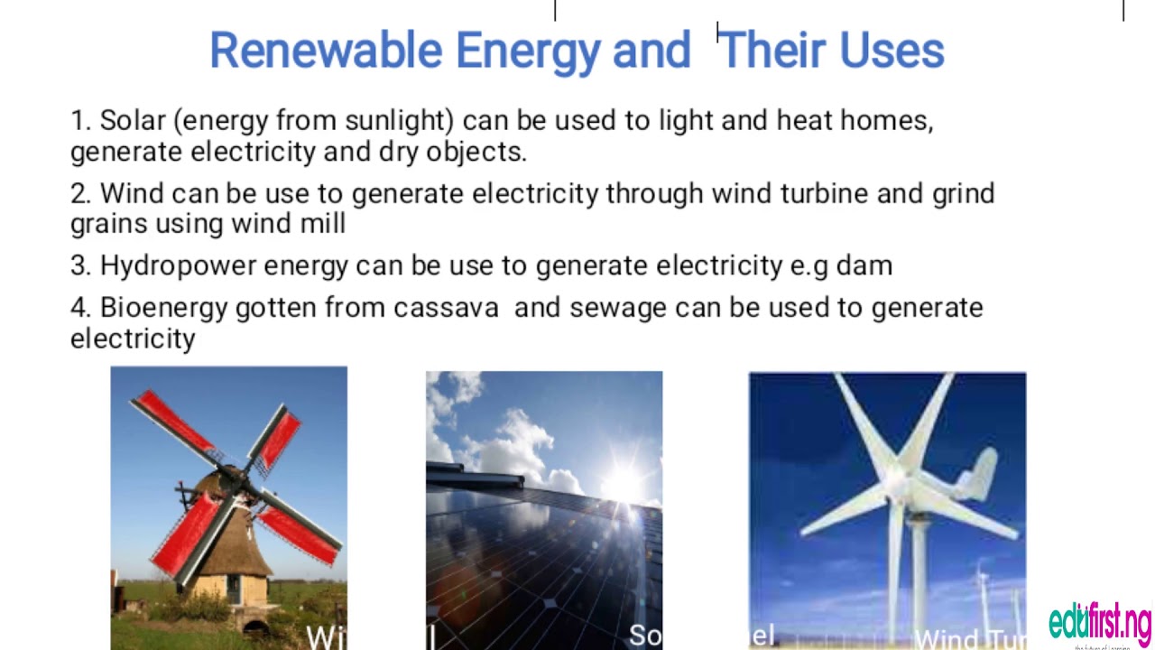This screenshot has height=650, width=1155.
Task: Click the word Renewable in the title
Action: pos(325,50)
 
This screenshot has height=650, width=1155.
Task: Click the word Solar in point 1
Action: pos(133,120)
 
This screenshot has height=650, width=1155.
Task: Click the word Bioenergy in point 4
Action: pos(163,307)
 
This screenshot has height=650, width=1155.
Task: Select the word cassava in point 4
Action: pos(446,307)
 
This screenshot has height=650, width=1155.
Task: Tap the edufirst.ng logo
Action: pos(1100,623)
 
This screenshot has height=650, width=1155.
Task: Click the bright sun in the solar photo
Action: pos(623,483)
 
